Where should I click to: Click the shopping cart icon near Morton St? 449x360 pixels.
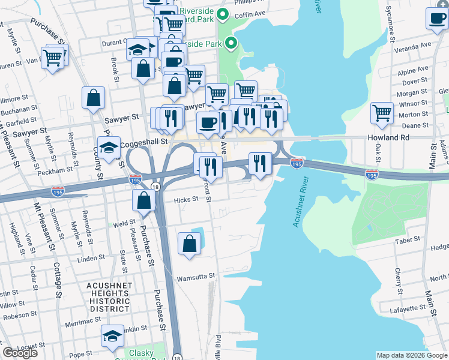382,112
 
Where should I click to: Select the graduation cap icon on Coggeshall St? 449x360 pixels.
109,148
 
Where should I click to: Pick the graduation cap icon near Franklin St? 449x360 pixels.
112,337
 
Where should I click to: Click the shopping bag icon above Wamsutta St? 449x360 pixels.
189,244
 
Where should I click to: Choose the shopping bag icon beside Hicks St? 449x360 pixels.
143,200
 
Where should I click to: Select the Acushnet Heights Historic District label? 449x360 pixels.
109,296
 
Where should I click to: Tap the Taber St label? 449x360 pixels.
409,239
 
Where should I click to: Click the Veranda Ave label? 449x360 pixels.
414,45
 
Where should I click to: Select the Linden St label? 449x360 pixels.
91,257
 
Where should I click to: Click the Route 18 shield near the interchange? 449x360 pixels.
155,187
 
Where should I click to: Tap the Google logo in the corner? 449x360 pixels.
20,352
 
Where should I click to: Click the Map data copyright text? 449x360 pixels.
411,355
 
